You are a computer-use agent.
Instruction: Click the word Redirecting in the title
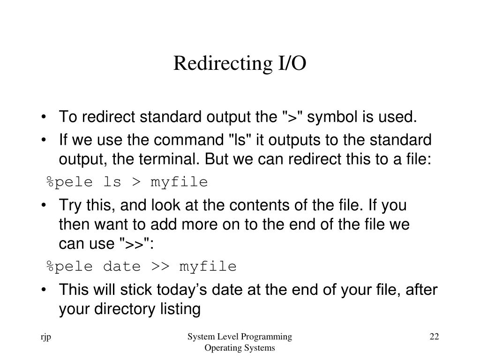point(223,64)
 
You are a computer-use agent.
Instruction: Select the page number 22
point(434,337)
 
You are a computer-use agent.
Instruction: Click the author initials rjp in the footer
point(45,337)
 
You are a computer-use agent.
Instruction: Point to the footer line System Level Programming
point(240,337)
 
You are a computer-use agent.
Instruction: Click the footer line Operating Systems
point(240,348)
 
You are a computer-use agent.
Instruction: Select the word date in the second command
point(122,266)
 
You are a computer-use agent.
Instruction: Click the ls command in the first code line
point(112,181)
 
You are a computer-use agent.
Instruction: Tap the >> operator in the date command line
point(160,266)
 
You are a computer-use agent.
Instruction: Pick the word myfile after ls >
point(179,182)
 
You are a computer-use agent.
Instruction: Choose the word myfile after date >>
point(208,267)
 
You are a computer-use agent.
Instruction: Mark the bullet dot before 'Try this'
point(44,205)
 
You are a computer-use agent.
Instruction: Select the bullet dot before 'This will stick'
point(44,290)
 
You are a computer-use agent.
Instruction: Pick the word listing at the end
point(180,309)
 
